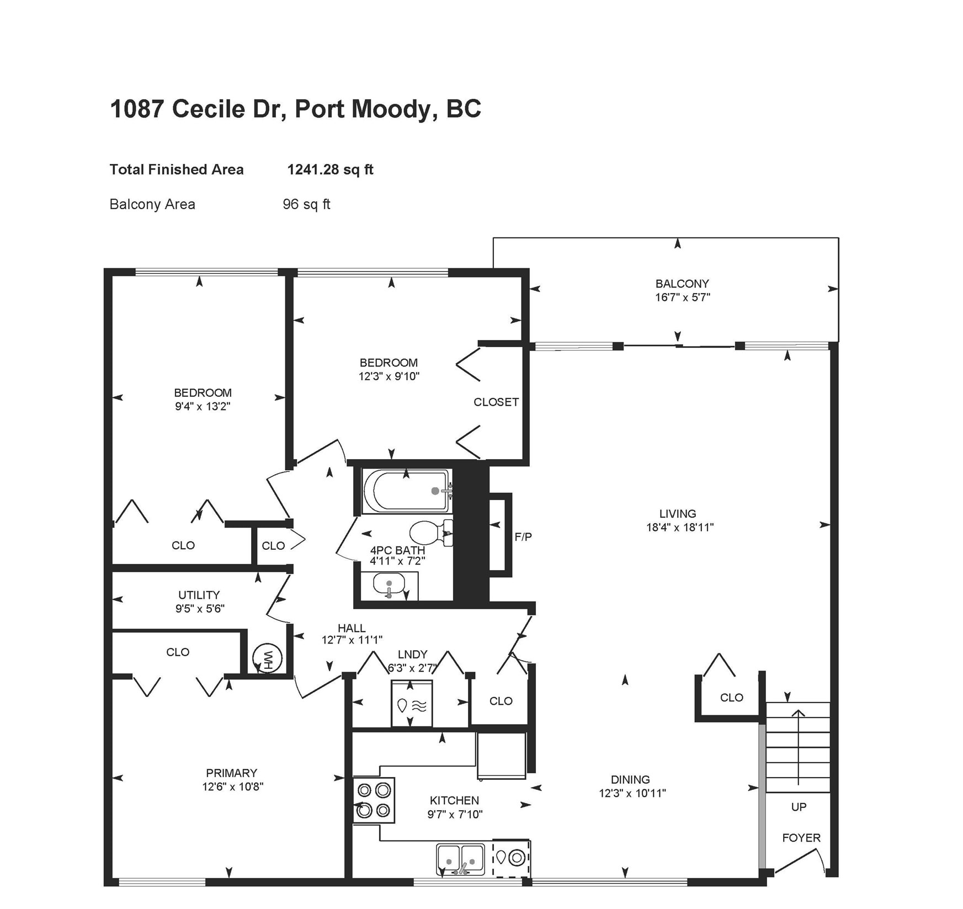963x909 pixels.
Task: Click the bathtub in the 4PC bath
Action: pos(407,491)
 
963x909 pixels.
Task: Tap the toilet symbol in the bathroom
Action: pos(428,533)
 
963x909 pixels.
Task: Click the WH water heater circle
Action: pos(268,658)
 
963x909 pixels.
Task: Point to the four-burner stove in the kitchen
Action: pos(374,800)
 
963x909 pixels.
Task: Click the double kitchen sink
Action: pos(460,859)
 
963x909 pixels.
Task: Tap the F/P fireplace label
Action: pos(523,536)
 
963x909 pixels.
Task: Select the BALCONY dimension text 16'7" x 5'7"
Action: pos(682,297)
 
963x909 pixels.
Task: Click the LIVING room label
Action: pos(677,513)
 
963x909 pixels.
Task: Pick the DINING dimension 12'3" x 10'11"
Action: pos(632,793)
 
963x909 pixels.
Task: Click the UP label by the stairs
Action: pos(799,807)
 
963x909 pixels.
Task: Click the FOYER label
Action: pos(801,838)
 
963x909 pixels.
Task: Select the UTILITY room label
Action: pos(199,595)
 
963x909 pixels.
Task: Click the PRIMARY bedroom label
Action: pos(231,773)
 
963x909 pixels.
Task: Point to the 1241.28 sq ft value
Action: pos(330,169)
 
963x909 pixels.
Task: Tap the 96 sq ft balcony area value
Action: pos(306,204)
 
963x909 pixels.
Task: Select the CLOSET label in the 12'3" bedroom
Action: pos(496,402)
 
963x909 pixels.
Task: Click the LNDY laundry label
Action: pos(412,654)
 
